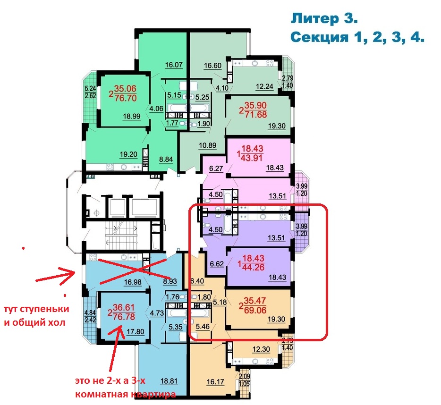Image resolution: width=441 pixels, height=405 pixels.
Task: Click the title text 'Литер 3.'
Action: click(324, 19)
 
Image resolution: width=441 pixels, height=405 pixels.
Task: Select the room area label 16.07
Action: click(174, 65)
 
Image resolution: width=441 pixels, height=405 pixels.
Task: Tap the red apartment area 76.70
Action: click(126, 98)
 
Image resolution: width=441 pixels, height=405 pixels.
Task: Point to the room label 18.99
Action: click(132, 116)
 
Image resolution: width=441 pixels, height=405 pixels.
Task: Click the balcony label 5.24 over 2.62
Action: click(90, 92)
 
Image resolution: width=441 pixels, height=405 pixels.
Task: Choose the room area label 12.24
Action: click(264, 86)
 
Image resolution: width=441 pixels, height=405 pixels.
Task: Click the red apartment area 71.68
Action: click(255, 115)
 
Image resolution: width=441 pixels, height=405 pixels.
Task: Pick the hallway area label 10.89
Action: click(208, 145)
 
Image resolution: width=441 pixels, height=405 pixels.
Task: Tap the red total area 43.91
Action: click(252, 158)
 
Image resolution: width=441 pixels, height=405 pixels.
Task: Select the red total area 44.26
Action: click(253, 267)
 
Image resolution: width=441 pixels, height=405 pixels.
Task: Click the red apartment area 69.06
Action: click(255, 310)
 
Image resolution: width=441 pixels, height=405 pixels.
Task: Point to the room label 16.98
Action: click(133, 282)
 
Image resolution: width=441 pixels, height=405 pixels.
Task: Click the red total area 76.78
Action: click(124, 317)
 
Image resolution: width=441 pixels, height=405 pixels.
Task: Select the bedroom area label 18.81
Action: click(169, 381)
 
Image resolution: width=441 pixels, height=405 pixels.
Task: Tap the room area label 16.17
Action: click(215, 382)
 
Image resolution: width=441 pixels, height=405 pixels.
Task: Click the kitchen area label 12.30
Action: click(261, 349)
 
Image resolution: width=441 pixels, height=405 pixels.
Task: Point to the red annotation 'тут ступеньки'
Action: click(36, 309)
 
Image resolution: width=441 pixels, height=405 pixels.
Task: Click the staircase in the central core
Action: click(121, 235)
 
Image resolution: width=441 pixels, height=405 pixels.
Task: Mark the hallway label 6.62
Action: click(217, 264)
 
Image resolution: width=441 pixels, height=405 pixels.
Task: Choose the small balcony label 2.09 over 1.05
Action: click(244, 380)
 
